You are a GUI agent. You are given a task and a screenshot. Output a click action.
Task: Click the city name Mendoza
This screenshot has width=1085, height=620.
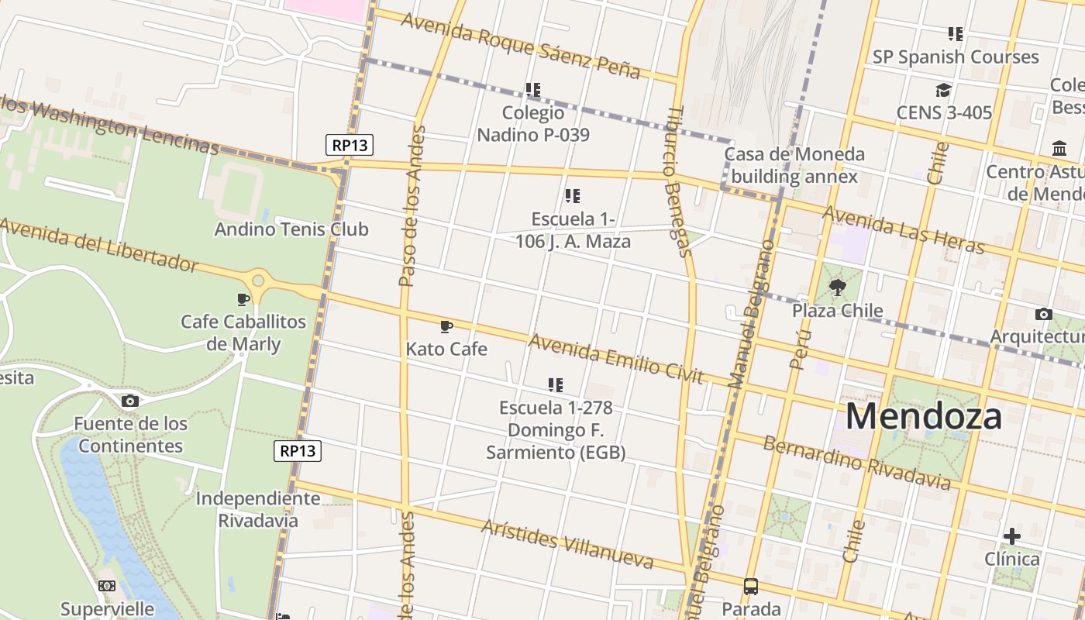pos(923,416)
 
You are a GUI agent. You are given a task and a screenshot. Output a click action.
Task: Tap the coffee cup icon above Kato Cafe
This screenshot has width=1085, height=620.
pos(446,326)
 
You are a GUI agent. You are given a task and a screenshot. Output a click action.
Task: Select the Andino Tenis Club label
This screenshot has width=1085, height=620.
pos(291,229)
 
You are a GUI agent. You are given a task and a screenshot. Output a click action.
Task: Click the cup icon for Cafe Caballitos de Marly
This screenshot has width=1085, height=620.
pos(243,299)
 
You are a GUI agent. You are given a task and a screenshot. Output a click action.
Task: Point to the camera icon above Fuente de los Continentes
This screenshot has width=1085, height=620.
pos(130,401)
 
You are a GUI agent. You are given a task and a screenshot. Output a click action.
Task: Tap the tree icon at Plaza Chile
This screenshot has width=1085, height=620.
pos(837,288)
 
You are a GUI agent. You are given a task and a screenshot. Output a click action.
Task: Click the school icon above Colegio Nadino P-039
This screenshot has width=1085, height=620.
pos(532,90)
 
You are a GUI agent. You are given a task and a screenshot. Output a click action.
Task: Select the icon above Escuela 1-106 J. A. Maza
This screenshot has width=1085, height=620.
pos(573,196)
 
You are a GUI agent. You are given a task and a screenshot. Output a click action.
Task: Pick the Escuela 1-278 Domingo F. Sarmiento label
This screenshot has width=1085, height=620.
pos(556,429)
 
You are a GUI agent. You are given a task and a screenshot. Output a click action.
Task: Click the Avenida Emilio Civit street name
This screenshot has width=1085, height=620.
pos(615,359)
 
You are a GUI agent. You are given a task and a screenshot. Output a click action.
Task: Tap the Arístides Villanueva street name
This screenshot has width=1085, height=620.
pos(567,543)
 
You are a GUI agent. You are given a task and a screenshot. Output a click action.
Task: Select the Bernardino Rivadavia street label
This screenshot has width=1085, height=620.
pos(856,463)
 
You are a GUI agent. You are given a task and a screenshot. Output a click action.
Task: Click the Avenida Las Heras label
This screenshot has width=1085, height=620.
pos(903,229)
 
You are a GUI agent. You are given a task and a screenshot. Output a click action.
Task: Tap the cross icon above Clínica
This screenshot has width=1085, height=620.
pos(1011,536)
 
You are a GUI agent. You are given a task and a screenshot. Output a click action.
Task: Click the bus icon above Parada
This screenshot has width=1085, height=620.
pos(751,586)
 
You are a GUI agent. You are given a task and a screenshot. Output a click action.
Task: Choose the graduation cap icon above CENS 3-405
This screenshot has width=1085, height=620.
pos(943,91)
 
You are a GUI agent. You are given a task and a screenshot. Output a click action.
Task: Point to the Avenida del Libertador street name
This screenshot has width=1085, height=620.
pos(99,245)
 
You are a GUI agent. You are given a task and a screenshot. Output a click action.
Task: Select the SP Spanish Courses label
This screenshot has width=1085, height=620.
pos(955,57)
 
